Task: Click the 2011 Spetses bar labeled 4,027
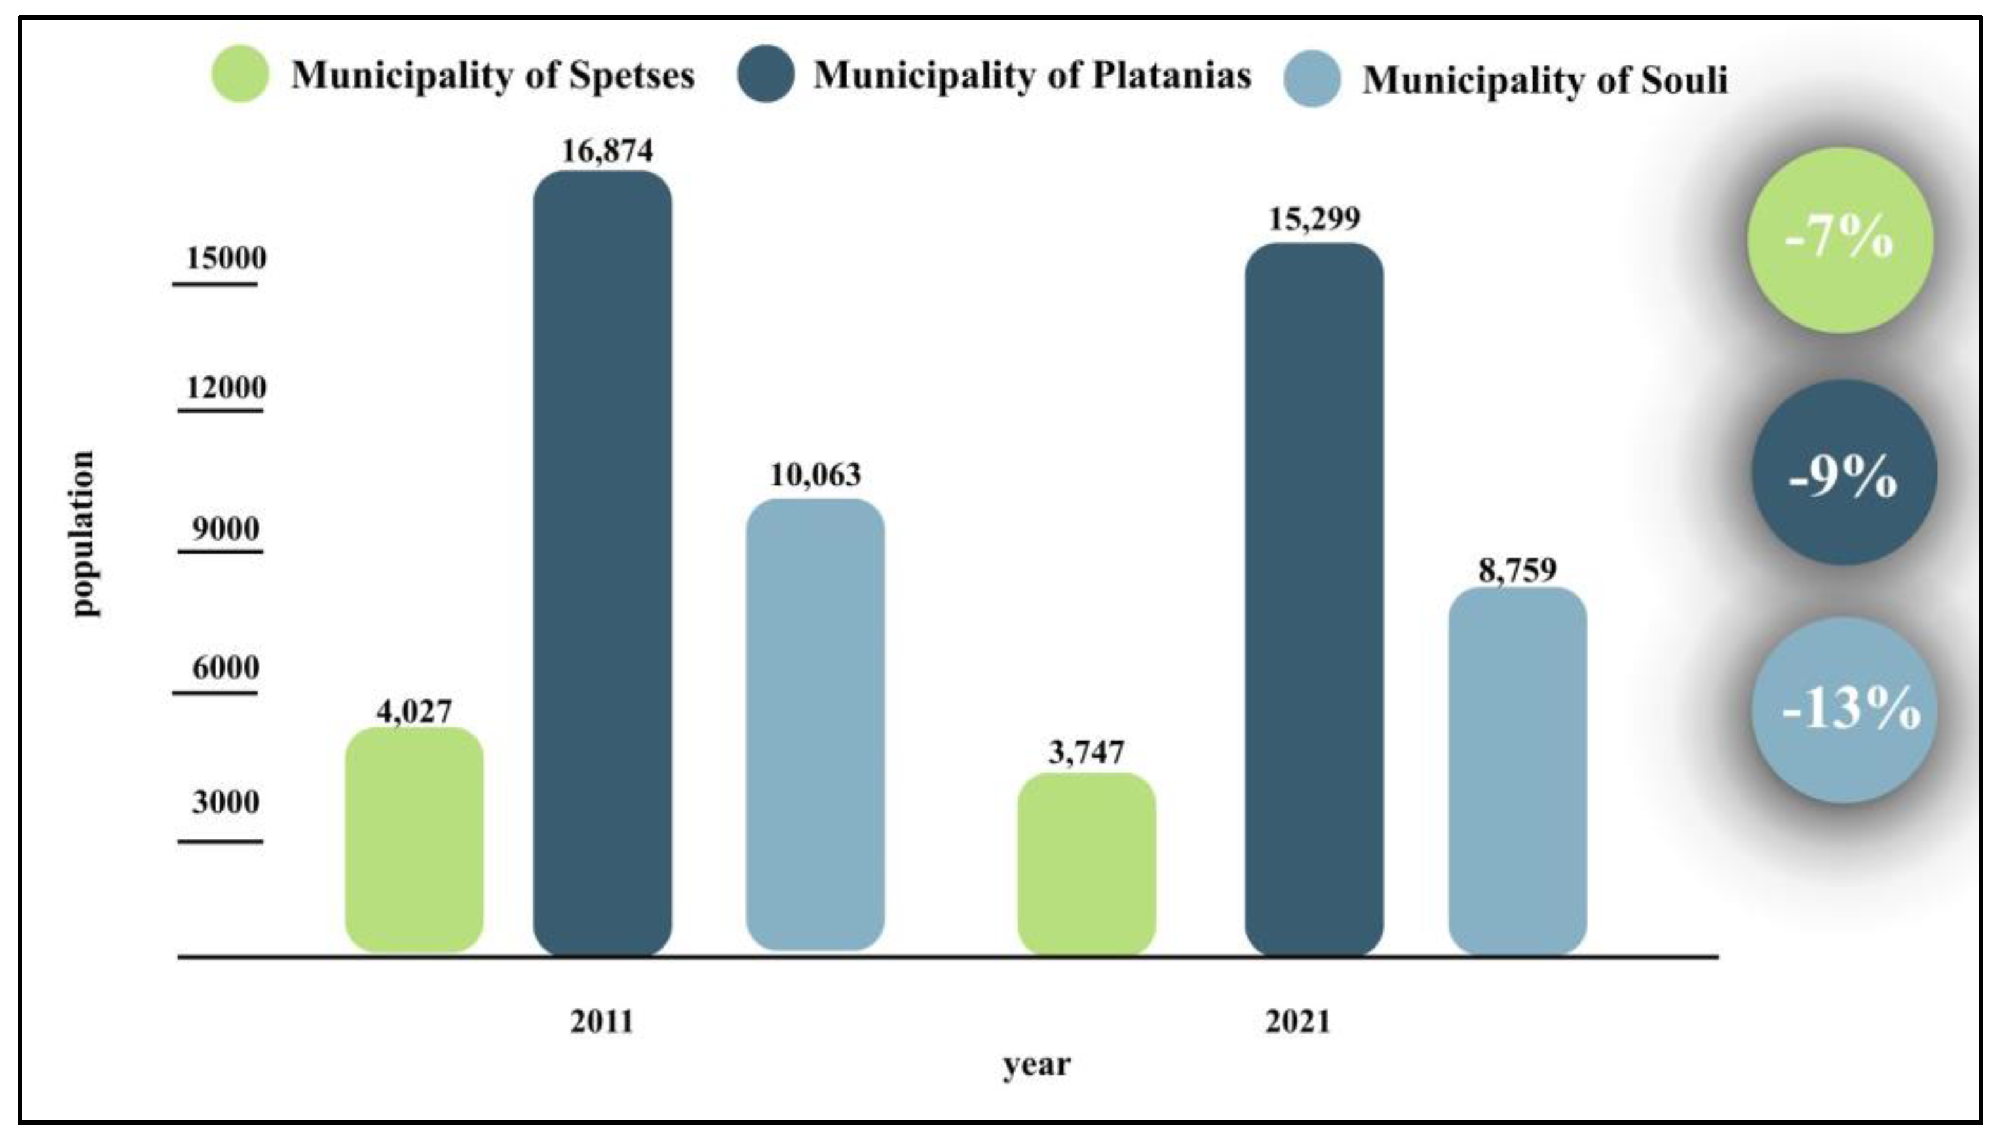(x=415, y=839)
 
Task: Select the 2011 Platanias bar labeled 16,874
(x=603, y=563)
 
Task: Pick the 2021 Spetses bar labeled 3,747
(x=1087, y=863)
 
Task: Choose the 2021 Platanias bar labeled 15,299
(x=1314, y=599)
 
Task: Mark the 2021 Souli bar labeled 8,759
(x=1517, y=771)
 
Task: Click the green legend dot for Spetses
(x=240, y=74)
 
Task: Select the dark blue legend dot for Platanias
(x=766, y=74)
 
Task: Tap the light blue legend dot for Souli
(x=1312, y=78)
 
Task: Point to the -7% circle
(x=1840, y=240)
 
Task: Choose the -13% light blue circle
(x=1844, y=710)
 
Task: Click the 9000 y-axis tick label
(x=227, y=529)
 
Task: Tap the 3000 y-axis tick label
(x=226, y=802)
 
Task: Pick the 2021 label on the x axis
(x=1298, y=1022)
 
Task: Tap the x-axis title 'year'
(x=1037, y=1066)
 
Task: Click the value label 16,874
(x=607, y=150)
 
